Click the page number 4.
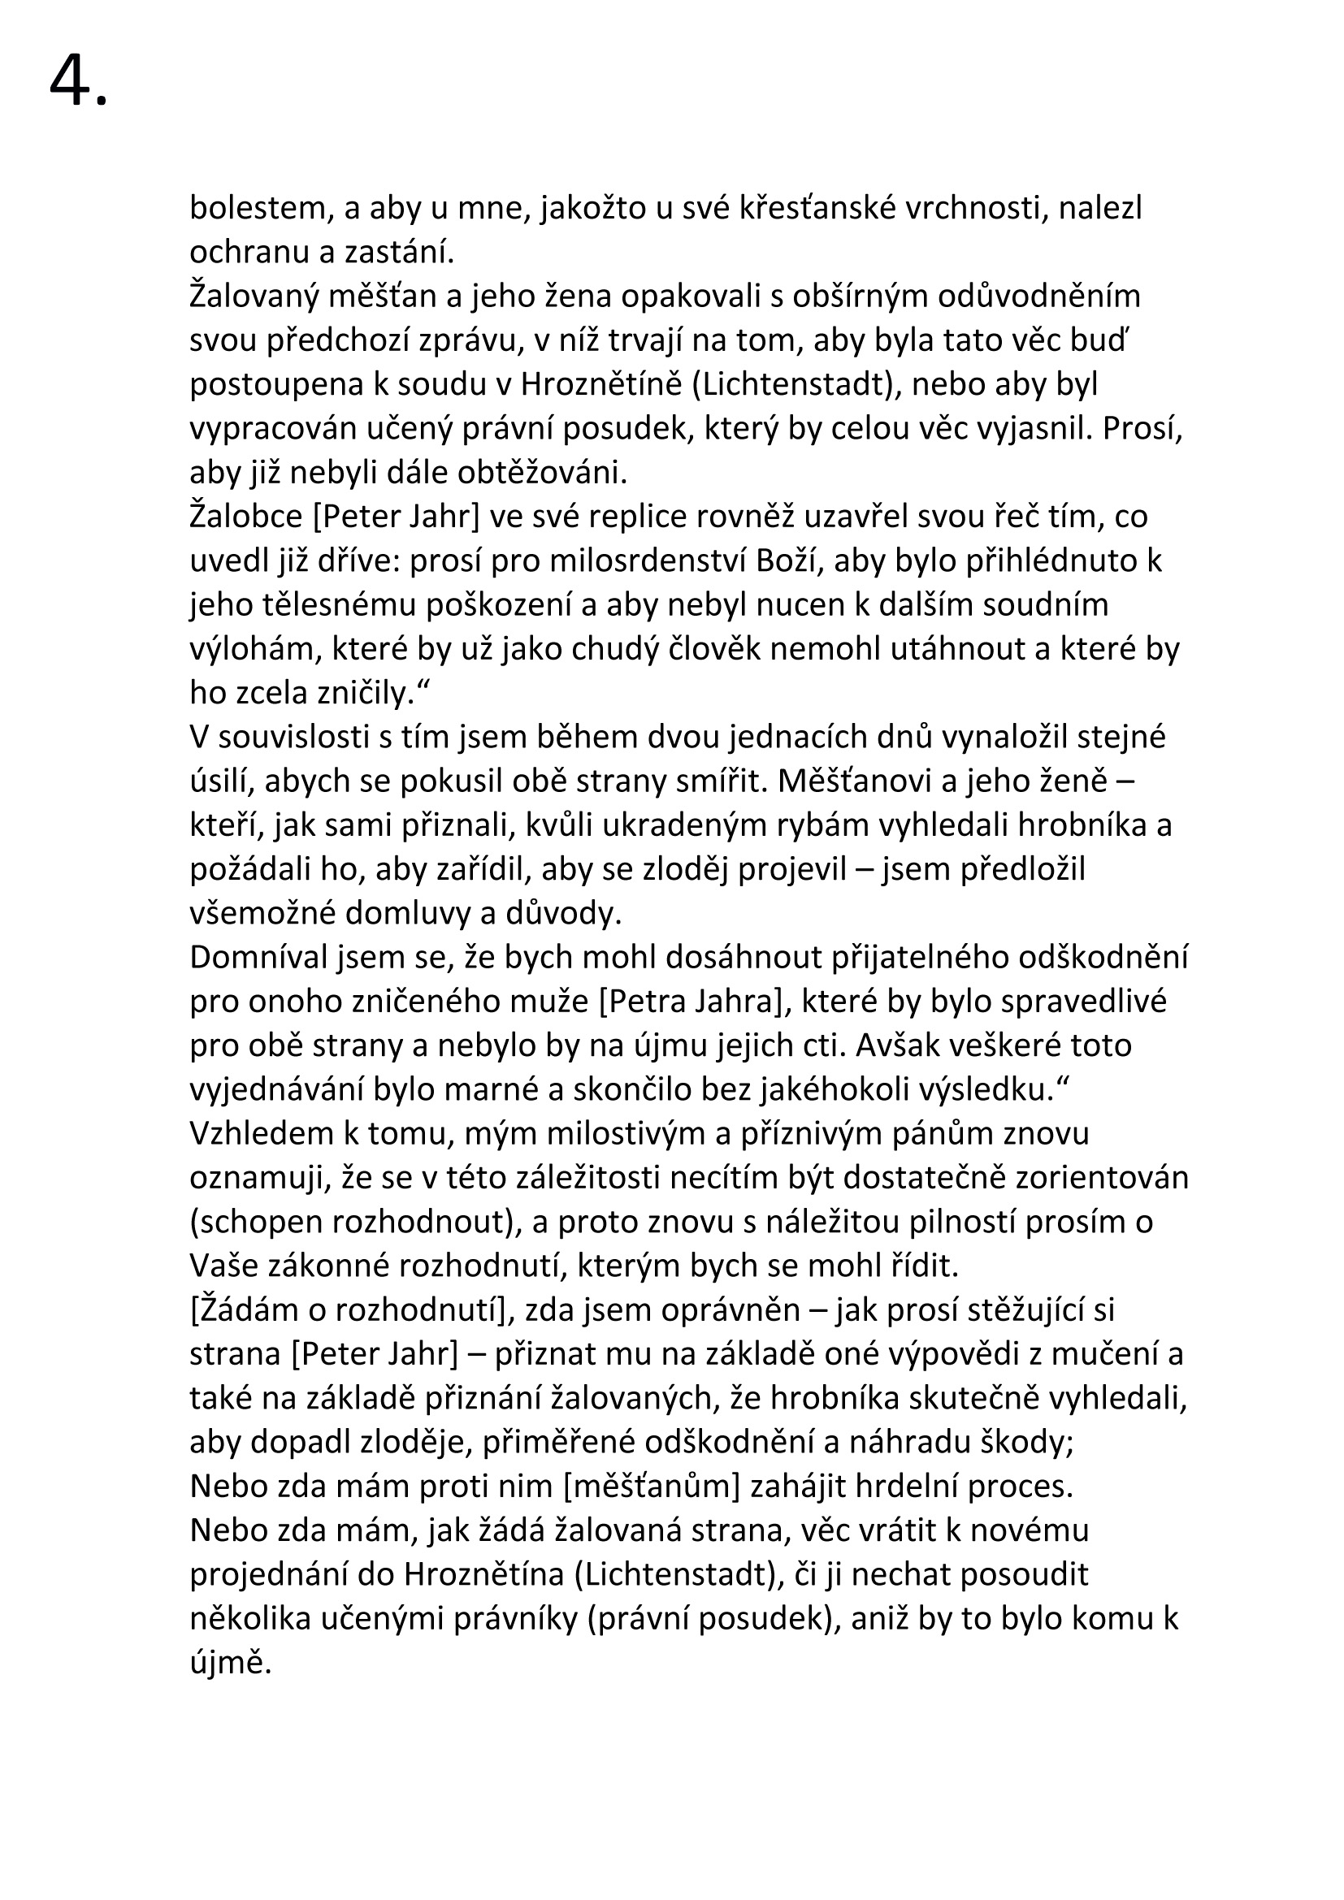click(77, 83)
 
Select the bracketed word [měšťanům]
click(652, 1487)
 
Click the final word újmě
click(231, 1664)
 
